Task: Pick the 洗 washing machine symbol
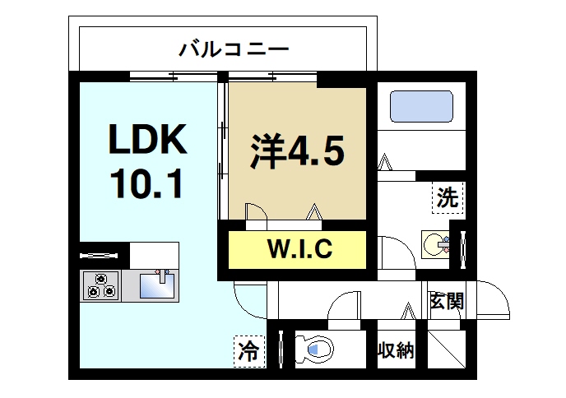pyautogui.click(x=447, y=197)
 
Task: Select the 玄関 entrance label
pyautogui.click(x=446, y=300)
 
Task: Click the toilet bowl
pyautogui.click(x=316, y=349)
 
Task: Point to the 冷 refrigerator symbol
pyautogui.click(x=248, y=351)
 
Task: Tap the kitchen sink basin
pyautogui.click(x=156, y=286)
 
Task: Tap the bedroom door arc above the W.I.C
pyautogui.click(x=255, y=211)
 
